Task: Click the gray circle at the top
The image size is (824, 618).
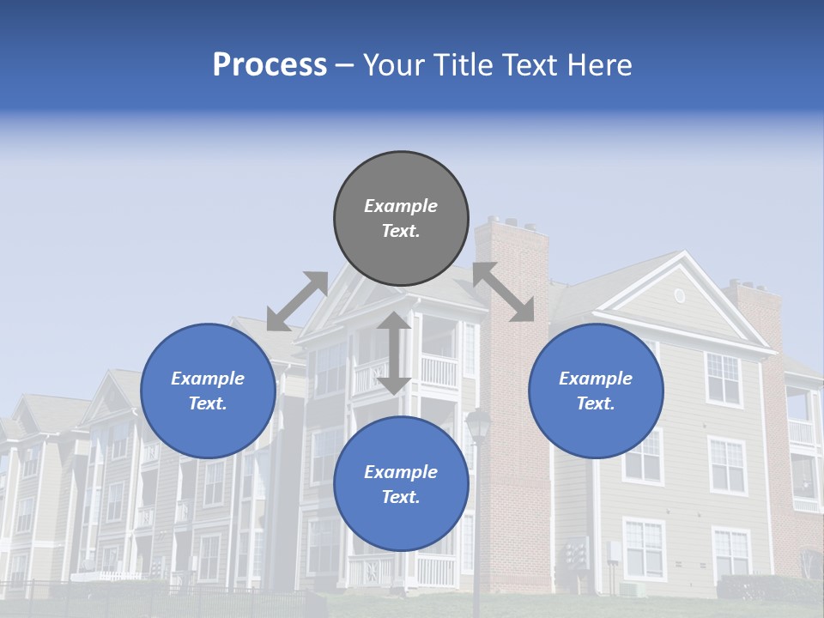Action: click(401, 219)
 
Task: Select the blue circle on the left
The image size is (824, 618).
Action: click(208, 391)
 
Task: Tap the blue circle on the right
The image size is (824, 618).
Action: click(596, 391)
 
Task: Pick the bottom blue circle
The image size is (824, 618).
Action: click(401, 484)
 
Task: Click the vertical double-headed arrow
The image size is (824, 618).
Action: click(394, 353)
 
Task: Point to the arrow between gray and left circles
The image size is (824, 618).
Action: click(297, 301)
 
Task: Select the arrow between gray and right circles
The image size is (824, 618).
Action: click(504, 292)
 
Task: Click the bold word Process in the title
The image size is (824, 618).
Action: click(270, 65)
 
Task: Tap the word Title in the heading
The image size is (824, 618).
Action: click(463, 65)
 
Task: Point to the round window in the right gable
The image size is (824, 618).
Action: click(680, 296)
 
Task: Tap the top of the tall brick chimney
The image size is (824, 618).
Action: click(512, 226)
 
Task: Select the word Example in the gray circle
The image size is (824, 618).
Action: click(401, 206)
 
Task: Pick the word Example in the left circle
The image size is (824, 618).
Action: click(208, 379)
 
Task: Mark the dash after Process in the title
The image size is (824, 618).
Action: click(344, 66)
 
